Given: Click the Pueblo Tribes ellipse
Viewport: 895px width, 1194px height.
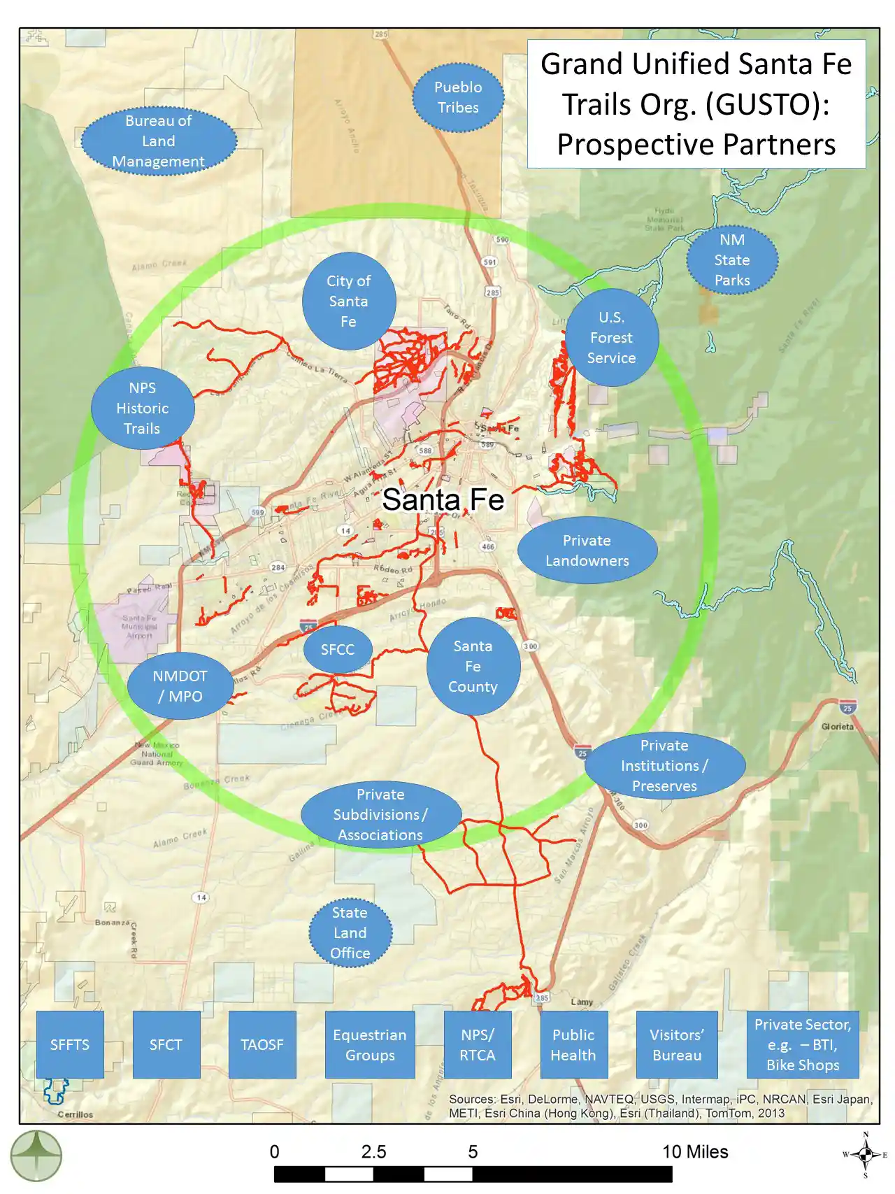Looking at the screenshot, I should pyautogui.click(x=458, y=97).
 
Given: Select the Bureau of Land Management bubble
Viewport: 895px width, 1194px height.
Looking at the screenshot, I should pyautogui.click(x=159, y=141).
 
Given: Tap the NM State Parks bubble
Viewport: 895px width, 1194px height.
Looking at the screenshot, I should pyautogui.click(x=732, y=260).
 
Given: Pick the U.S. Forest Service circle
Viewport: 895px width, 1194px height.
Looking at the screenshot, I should pyautogui.click(x=612, y=337).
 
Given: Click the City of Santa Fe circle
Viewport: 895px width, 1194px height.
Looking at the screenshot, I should pyautogui.click(x=349, y=301).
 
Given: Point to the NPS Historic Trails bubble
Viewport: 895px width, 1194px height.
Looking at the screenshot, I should pyautogui.click(x=143, y=408).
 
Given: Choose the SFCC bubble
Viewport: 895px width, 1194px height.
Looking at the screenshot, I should pyautogui.click(x=338, y=650).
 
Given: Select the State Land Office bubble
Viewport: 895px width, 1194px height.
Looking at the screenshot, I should pyautogui.click(x=350, y=933).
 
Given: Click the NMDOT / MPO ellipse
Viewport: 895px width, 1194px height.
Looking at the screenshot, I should pyautogui.click(x=180, y=686).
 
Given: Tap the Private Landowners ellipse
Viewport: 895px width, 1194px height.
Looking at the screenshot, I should pyautogui.click(x=587, y=550).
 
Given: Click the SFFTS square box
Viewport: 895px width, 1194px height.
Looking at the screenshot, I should pyautogui.click(x=70, y=1044).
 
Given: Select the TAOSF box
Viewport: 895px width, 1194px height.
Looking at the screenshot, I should pyautogui.click(x=262, y=1044).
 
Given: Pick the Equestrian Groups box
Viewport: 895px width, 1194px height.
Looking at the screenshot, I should pyautogui.click(x=370, y=1044).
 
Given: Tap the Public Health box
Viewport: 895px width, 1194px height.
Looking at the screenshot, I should pyautogui.click(x=573, y=1044).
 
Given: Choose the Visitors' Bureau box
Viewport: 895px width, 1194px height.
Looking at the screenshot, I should pyautogui.click(x=677, y=1044).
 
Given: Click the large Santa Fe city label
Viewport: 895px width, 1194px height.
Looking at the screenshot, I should pyautogui.click(x=443, y=500).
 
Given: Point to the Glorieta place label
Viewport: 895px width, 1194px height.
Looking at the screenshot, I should pyautogui.click(x=838, y=727).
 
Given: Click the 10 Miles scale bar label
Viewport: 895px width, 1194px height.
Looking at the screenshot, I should pyautogui.click(x=695, y=1152).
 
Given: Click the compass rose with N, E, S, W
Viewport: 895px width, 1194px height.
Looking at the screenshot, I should pyautogui.click(x=866, y=1155).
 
